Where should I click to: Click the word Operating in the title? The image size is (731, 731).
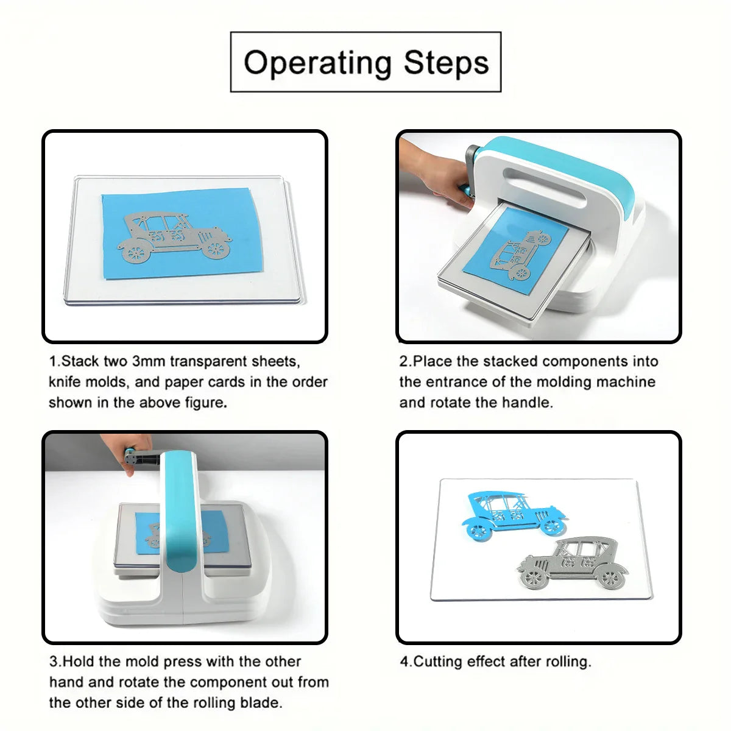tap(317, 63)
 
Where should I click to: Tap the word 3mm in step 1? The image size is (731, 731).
tap(149, 361)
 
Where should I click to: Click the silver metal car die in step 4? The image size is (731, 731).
tap(573, 563)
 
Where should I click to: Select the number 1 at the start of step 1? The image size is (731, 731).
tap(53, 361)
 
